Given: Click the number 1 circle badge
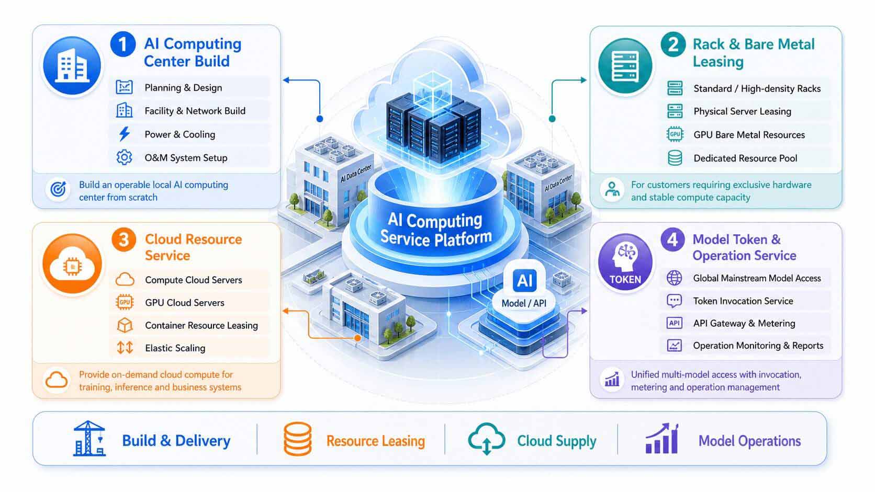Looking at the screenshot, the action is (x=122, y=44).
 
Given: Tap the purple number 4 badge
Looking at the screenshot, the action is (x=672, y=239).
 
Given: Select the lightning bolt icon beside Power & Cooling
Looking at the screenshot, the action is (x=125, y=134).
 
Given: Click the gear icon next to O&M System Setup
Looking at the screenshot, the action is (x=124, y=157).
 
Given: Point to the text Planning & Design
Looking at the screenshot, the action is (x=183, y=88).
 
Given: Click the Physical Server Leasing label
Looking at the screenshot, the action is (x=742, y=111).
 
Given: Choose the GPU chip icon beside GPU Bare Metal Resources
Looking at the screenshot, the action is (x=675, y=134).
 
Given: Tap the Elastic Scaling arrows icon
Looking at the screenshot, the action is (x=125, y=347).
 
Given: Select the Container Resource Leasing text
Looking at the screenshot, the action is (x=201, y=325).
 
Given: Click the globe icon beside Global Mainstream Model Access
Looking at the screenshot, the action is (x=674, y=278).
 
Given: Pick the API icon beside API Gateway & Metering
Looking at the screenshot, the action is (x=674, y=323).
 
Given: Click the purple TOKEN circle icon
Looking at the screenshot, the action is (x=625, y=262).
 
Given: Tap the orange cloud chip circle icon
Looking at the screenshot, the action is (x=72, y=264).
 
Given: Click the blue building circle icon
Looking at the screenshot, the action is (x=72, y=65).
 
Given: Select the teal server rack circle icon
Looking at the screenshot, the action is (x=625, y=65).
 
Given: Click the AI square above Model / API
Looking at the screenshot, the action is (x=524, y=280).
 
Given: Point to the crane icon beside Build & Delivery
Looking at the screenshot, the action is (x=89, y=439).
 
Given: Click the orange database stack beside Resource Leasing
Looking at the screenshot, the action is (x=298, y=439).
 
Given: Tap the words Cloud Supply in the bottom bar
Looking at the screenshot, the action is (x=557, y=441).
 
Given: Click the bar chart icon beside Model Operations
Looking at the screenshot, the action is (x=662, y=439).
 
